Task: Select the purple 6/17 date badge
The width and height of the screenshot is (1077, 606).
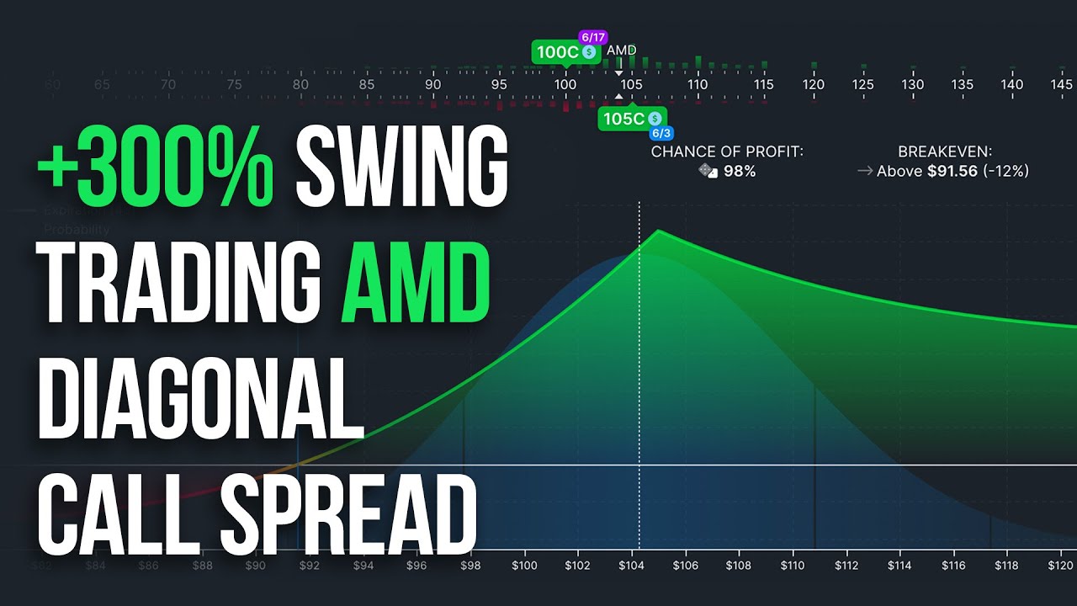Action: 592,38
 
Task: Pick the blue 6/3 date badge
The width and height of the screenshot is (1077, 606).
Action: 661,134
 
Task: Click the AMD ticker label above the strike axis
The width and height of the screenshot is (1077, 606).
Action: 622,50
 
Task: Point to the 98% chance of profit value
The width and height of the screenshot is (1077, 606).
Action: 740,171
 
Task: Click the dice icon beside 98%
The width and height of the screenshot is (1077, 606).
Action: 708,171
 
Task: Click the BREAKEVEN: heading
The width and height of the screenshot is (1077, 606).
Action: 944,151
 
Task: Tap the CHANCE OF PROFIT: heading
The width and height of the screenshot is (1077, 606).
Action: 727,151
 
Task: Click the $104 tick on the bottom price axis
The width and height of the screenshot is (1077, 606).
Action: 632,566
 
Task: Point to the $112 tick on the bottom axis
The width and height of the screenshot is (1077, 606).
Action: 846,566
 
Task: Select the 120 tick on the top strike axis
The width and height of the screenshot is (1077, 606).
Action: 814,84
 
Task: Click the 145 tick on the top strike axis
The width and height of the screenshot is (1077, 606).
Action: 1062,84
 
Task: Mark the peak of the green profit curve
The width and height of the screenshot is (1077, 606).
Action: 658,230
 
